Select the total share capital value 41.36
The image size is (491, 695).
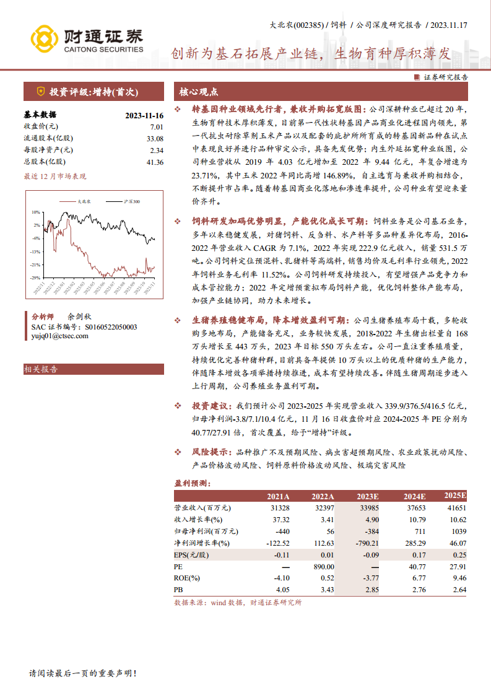pos(155,162)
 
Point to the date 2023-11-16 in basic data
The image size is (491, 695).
pos(144,115)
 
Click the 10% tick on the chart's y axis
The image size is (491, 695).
pos(37,212)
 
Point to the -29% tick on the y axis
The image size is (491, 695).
pos(36,278)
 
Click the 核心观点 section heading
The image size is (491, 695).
pos(199,92)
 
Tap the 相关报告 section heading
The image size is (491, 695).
pos(41,369)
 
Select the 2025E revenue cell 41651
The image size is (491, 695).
pos(455,508)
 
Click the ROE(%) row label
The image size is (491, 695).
pos(187,578)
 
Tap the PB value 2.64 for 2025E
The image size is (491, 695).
pos(459,590)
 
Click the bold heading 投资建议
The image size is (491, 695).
pos(210,406)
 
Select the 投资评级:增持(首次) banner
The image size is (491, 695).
pos(93,92)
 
